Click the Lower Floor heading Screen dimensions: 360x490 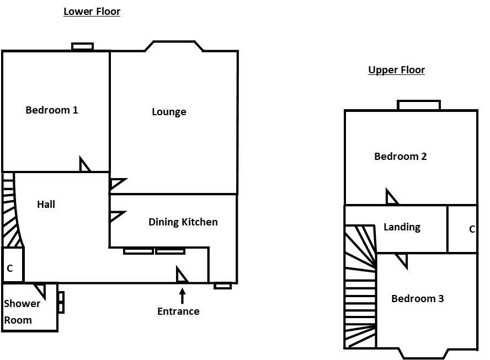[92, 12]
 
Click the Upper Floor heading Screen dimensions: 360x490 [396, 70]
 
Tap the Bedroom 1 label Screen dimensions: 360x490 [52, 110]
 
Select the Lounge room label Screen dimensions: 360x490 [169, 112]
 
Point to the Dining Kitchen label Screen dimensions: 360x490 [183, 222]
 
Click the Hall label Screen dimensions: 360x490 [46, 205]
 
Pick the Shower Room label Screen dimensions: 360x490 [22, 311]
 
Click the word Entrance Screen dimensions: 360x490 [178, 311]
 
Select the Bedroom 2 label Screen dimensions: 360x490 [401, 157]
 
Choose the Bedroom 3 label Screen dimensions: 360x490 [418, 299]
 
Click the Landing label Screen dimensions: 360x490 [402, 227]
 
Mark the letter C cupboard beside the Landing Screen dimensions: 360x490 [472, 229]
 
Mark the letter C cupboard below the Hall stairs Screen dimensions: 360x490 [10, 268]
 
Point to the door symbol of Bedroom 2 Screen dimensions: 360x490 [391, 197]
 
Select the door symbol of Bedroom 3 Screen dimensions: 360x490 [402, 260]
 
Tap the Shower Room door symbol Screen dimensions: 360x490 [40, 289]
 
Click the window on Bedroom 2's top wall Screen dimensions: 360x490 [419, 105]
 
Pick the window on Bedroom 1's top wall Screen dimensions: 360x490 [83, 47]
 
